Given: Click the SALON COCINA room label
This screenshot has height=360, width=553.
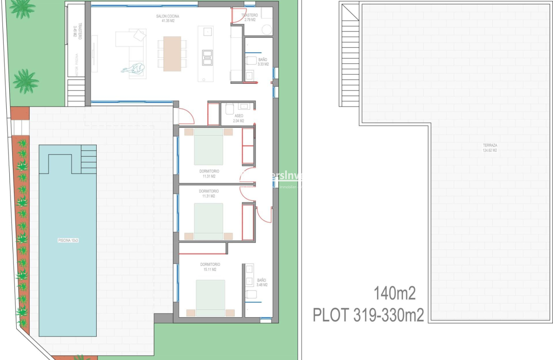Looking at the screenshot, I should pyautogui.click(x=168, y=18).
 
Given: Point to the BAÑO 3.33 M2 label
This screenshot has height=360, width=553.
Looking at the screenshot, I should pyautogui.click(x=263, y=62).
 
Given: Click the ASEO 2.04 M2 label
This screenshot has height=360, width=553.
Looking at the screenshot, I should pyautogui.click(x=239, y=118).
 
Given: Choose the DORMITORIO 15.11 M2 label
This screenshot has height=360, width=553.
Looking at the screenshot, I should pyautogui.click(x=210, y=267).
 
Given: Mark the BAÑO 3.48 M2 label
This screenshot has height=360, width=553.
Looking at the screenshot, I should pyautogui.click(x=261, y=282).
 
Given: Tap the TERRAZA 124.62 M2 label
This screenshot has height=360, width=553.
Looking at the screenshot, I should pyautogui.click(x=489, y=148).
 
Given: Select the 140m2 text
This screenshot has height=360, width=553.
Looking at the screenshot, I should pyautogui.click(x=394, y=294).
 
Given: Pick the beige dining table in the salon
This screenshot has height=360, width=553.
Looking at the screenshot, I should pyautogui.click(x=172, y=54).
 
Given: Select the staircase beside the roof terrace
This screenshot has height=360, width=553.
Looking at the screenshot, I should pyautogui.click(x=350, y=54).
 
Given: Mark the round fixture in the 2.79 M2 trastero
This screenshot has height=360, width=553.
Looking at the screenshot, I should pyautogui.click(x=266, y=29).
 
